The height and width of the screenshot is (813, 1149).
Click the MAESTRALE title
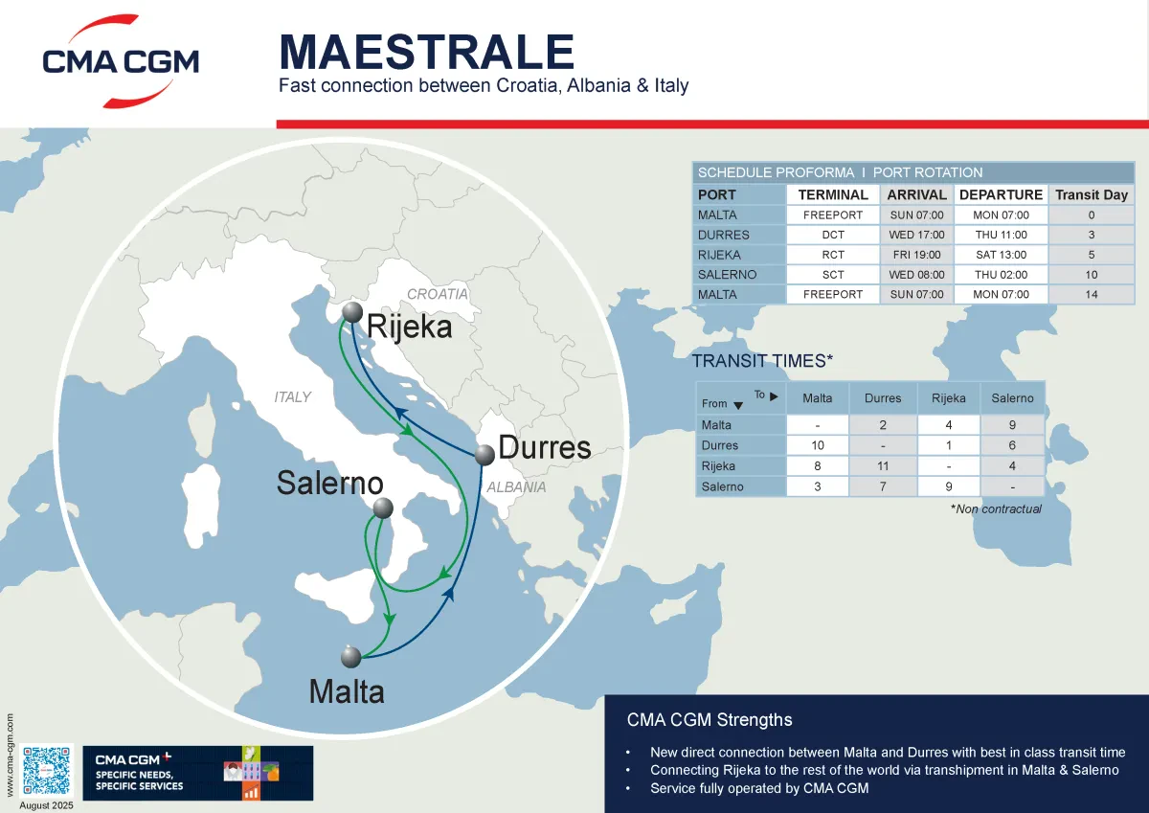click(426, 51)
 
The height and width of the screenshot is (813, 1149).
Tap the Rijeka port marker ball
click(352, 312)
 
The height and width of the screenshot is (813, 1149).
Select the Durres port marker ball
click(485, 454)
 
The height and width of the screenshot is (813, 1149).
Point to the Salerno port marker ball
click(383, 508)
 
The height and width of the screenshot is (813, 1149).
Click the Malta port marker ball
click(350, 657)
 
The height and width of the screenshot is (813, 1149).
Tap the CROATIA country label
click(438, 294)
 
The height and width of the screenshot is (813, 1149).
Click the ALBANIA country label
click(516, 486)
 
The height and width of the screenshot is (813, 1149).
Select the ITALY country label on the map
click(292, 396)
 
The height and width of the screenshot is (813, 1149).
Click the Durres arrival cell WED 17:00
click(916, 235)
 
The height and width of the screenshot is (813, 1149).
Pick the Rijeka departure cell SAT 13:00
click(1001, 255)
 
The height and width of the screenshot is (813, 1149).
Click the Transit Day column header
click(1091, 194)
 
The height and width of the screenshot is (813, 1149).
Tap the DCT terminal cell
click(832, 235)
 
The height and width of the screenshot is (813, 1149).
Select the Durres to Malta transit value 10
click(817, 445)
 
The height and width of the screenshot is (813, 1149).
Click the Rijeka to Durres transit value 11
click(882, 466)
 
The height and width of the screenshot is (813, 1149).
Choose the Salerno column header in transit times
click(1012, 397)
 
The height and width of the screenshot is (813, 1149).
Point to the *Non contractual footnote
click(996, 508)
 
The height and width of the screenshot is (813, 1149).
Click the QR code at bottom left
click(47, 770)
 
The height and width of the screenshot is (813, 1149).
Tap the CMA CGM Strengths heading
click(710, 719)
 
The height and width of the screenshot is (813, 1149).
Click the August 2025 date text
click(46, 805)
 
